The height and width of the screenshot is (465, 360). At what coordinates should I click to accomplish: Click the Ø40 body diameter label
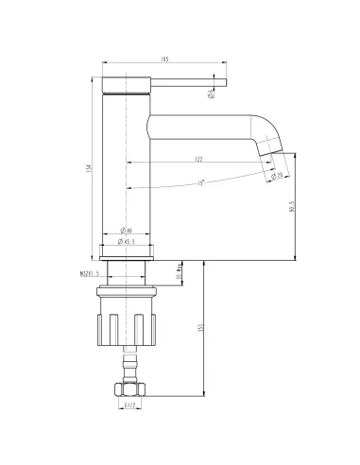[x=127, y=229]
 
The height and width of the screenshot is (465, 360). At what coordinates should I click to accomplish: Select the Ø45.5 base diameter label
[x=128, y=243]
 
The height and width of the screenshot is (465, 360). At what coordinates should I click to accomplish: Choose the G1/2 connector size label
[x=129, y=407]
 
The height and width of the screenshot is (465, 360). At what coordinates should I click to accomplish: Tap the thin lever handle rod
[x=189, y=81]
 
